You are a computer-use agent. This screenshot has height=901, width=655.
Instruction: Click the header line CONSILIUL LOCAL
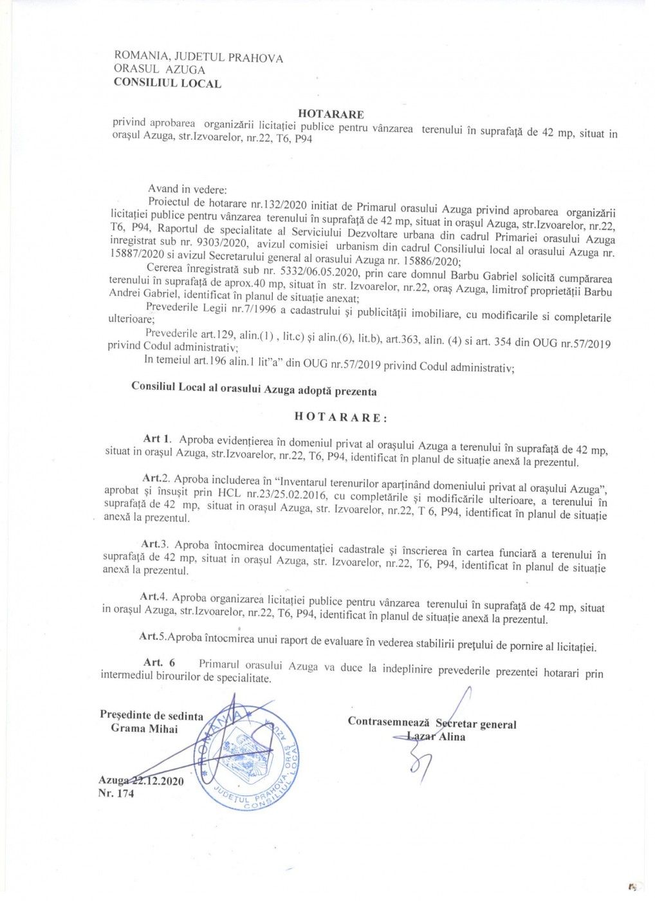point(167,83)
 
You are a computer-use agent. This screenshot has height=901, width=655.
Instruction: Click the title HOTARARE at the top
point(331,114)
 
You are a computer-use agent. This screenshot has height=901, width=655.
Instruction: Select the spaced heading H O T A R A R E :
point(341,417)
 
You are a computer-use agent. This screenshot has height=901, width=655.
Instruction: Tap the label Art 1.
point(157,439)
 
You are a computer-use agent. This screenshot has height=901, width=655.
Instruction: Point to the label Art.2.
point(156,478)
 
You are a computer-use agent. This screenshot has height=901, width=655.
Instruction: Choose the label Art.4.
point(154,597)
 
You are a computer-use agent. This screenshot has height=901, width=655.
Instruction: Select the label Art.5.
point(153,636)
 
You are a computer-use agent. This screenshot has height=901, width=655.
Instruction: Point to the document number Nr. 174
point(116,794)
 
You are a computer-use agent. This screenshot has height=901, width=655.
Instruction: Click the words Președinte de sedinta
point(151,715)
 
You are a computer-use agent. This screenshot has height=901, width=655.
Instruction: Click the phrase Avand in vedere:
point(187,189)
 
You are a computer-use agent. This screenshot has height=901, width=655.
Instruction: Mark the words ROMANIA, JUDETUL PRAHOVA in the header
point(198,57)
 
